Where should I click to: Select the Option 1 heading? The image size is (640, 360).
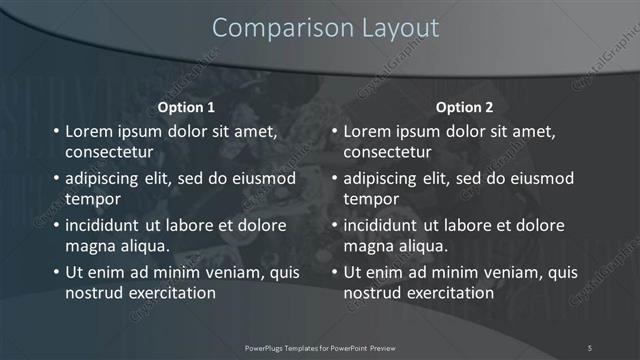(186, 106)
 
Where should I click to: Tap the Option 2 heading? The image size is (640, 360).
(464, 106)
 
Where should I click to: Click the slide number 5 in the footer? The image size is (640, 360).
(590, 347)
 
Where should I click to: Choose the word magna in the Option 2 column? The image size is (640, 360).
(368, 246)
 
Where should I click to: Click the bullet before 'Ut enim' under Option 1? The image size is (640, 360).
(56, 272)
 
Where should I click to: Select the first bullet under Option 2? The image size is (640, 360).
(334, 132)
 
